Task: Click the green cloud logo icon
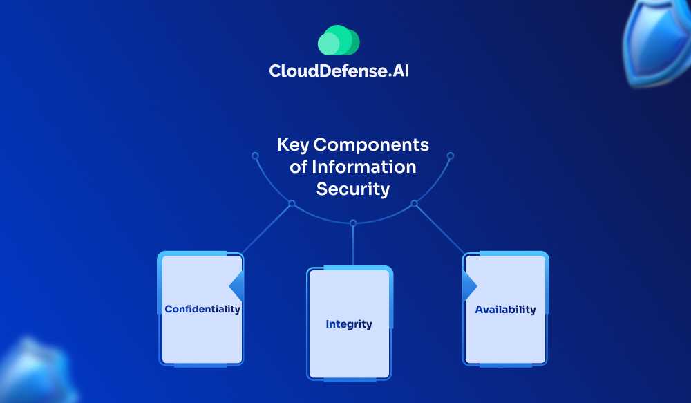point(339,40)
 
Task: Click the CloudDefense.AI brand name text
point(339,71)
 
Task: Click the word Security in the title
point(353,189)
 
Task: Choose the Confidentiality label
point(202,309)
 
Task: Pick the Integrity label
point(349,324)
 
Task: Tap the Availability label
point(505,309)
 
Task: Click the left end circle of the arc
point(255,156)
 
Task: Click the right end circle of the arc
point(451,156)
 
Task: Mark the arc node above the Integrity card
point(353,223)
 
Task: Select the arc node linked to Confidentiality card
point(292,203)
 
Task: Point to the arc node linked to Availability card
point(415,203)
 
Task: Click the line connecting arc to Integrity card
point(353,245)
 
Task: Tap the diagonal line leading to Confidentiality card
point(266,229)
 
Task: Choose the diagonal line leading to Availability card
point(440,229)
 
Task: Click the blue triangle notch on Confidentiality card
point(237,285)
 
